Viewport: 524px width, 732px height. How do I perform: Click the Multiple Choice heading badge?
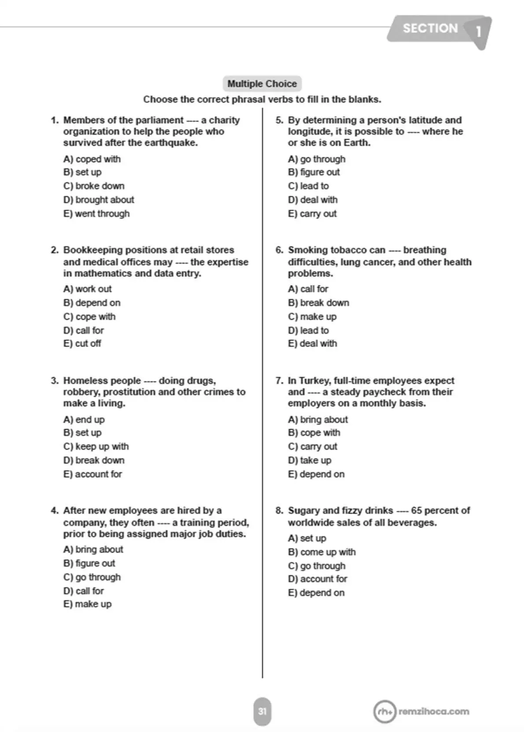click(262, 84)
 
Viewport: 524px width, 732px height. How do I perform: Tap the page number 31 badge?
click(262, 711)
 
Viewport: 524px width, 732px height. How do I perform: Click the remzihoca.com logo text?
click(433, 711)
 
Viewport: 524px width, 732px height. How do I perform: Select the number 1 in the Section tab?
click(478, 31)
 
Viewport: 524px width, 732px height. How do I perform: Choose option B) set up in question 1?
click(82, 172)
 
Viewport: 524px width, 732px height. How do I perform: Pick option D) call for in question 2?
click(84, 330)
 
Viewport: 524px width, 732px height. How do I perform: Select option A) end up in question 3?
click(84, 419)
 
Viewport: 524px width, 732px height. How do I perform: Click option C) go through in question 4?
click(92, 577)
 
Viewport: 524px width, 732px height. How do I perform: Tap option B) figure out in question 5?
click(314, 172)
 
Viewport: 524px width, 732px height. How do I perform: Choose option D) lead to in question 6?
click(308, 330)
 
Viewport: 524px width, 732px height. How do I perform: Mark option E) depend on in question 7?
click(316, 474)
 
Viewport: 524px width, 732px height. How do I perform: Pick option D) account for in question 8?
click(317, 579)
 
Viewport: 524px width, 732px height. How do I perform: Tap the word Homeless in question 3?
click(83, 381)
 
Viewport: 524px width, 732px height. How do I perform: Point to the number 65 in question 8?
click(417, 510)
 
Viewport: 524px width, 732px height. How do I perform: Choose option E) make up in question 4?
click(88, 604)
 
